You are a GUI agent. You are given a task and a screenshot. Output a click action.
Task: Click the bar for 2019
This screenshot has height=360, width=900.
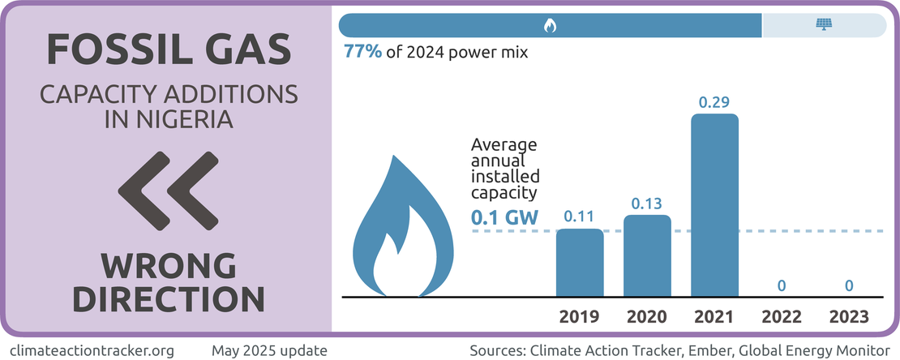point(579,263)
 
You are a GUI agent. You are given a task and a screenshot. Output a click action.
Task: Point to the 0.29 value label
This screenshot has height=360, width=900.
point(714,103)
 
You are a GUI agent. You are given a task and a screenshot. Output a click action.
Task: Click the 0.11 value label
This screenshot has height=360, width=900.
point(579,216)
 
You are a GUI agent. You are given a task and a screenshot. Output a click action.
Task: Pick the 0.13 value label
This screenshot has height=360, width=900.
point(647,203)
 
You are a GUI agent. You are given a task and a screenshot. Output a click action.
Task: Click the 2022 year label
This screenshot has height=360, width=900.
point(782,316)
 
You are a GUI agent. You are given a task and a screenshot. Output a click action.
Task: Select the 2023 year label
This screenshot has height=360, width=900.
point(849,316)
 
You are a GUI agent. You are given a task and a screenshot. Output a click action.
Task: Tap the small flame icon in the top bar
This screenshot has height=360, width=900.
point(550,25)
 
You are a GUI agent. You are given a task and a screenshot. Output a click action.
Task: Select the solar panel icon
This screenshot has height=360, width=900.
point(824,25)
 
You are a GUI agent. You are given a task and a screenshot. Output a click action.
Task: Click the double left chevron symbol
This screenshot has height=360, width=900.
point(167,191)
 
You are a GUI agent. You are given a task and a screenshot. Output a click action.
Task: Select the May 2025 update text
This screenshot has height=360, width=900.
point(269,350)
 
